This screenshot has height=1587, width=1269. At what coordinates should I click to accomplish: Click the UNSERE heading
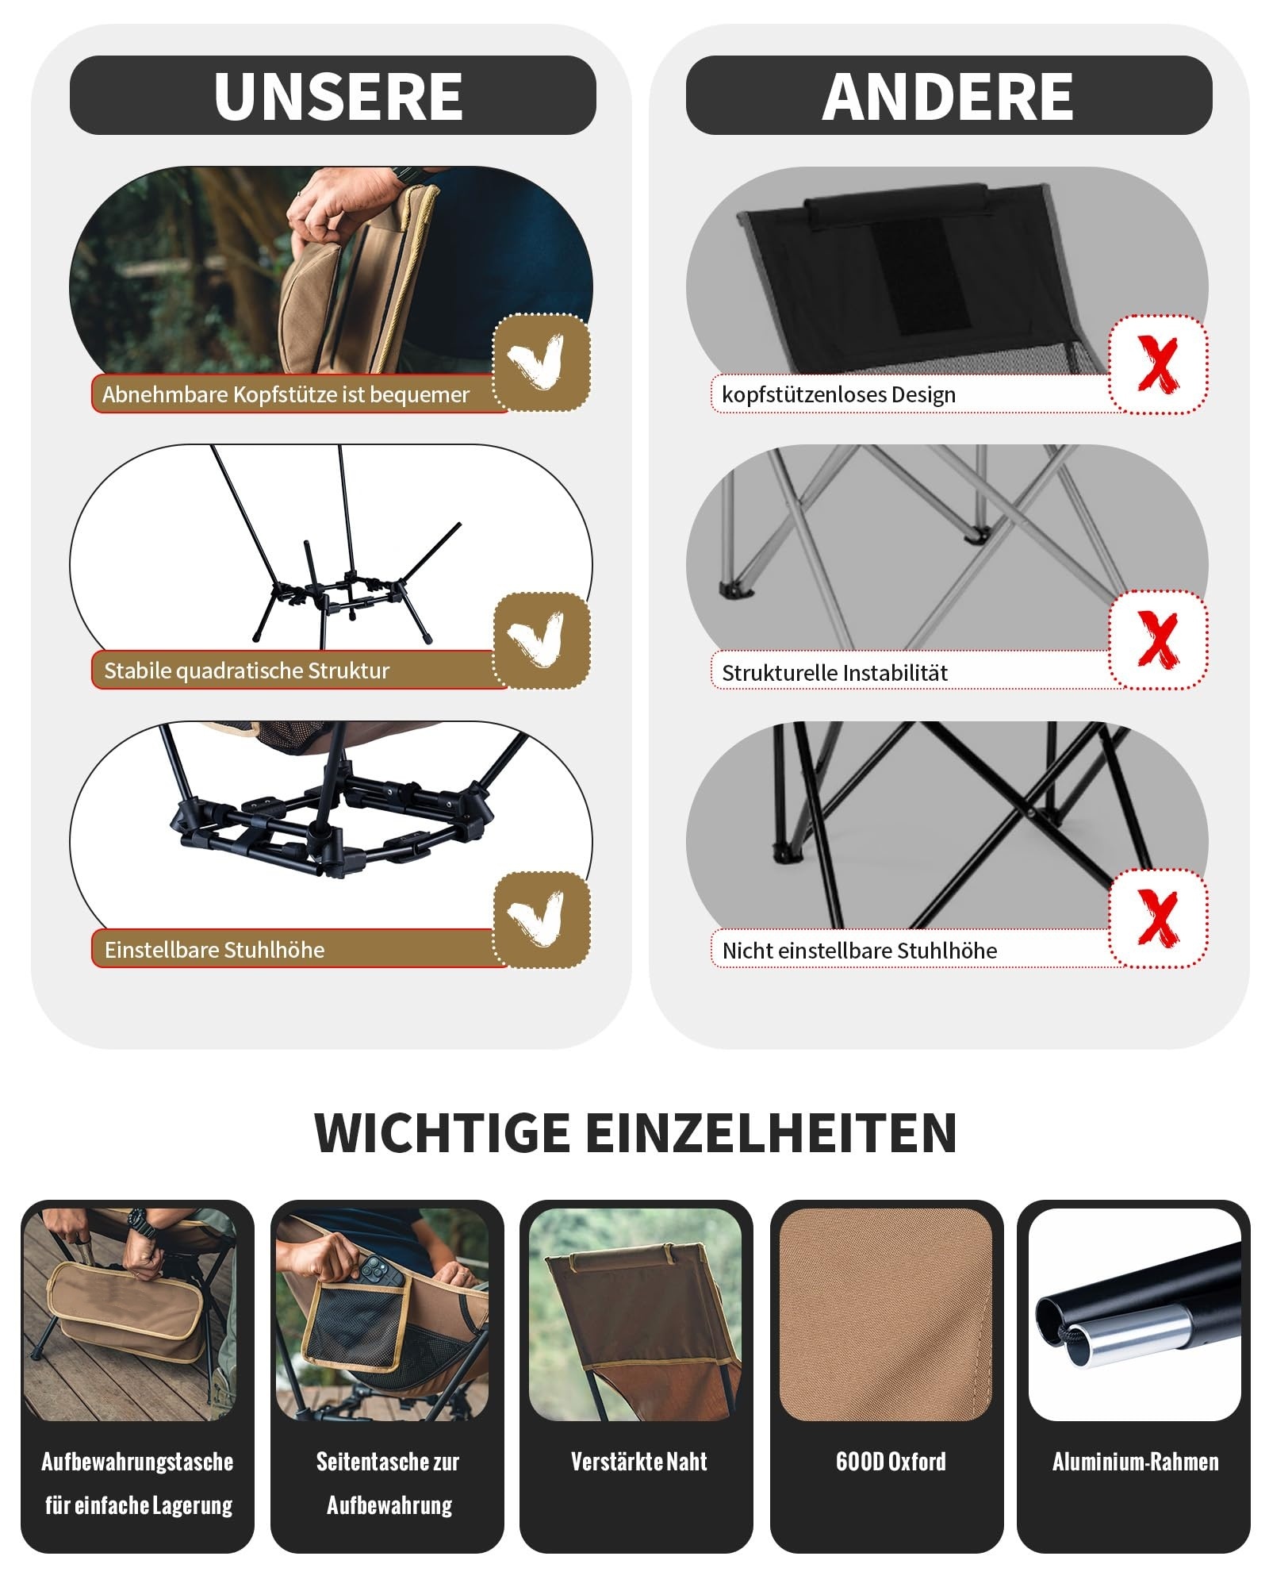[x=338, y=96]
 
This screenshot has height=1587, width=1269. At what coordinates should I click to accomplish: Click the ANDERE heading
[x=948, y=96]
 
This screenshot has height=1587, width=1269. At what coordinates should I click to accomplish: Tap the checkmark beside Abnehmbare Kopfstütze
[x=539, y=361]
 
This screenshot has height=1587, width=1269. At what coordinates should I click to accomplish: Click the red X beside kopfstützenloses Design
[x=1158, y=363]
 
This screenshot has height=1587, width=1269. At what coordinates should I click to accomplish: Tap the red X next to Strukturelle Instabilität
[x=1158, y=639]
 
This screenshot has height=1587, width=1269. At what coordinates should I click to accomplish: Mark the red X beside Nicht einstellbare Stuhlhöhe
[x=1158, y=918]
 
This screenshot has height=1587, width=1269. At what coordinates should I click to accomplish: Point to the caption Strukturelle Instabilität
[x=834, y=673]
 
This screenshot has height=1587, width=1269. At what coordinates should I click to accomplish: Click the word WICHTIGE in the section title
[x=442, y=1132]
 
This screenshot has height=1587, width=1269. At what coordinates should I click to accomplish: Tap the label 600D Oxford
[x=891, y=1462]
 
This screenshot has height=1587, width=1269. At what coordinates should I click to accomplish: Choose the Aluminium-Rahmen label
[x=1135, y=1462]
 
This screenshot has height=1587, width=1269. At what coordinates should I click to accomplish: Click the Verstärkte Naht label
[x=638, y=1462]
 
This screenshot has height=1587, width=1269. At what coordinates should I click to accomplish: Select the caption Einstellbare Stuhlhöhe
[x=214, y=950]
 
